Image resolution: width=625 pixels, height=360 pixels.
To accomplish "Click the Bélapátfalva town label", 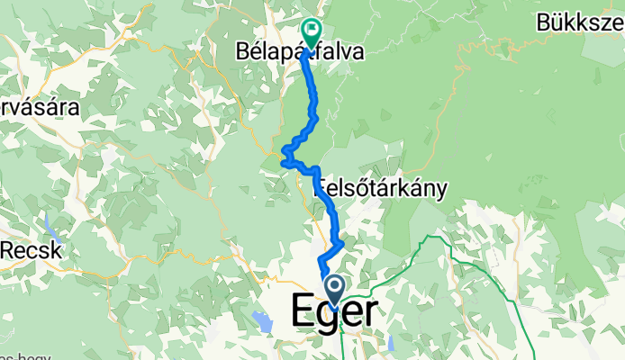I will (x=301, y=52).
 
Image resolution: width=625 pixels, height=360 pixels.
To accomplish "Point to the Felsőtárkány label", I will (x=382, y=189).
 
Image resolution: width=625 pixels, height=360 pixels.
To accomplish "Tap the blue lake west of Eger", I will (x=262, y=319).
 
